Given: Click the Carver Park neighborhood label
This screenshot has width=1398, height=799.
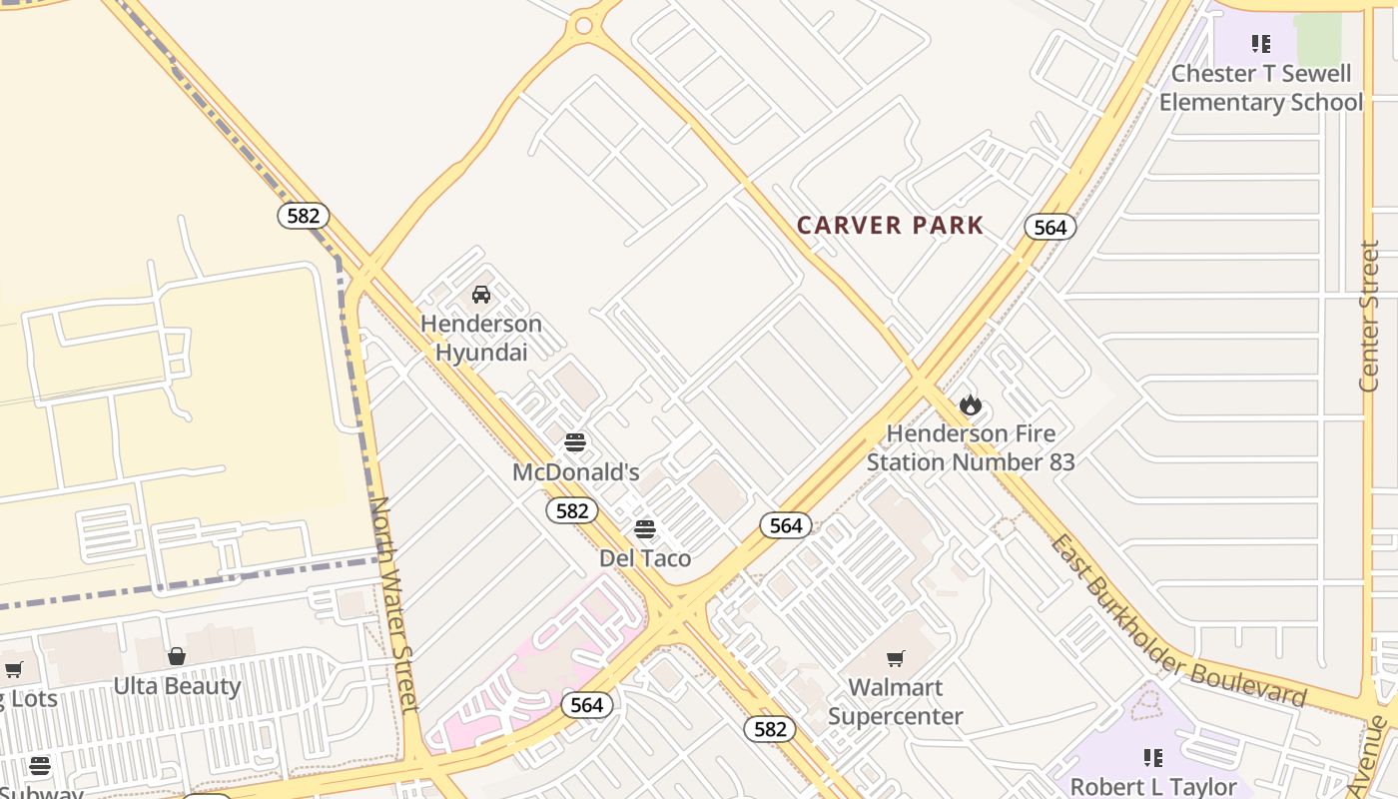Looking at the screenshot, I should point(890,226).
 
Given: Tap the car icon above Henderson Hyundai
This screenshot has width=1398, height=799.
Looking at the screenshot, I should point(481,295).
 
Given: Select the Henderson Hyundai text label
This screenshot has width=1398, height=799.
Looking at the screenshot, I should point(481,338).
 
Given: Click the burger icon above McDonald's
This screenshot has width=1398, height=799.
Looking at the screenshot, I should point(574,441).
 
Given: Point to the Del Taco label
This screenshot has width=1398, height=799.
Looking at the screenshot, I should point(645,558).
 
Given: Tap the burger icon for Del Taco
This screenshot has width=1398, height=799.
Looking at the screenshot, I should point(645,528).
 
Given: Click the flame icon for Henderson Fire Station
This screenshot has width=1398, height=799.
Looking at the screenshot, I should point(971,404).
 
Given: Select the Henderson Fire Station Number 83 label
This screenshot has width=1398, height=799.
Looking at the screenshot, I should point(971,447).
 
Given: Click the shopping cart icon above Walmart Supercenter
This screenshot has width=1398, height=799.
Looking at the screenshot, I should point(896,658).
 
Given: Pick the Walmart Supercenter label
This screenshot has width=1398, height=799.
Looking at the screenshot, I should point(896,702).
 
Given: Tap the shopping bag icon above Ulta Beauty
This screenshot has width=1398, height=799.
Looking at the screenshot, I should point(177,656).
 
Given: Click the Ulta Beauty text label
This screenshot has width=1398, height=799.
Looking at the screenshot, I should point(177,686).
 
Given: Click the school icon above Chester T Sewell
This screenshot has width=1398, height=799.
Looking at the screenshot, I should point(1261,44).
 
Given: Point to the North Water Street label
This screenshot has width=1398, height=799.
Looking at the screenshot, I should point(394,604).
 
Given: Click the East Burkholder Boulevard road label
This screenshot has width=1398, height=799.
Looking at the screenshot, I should point(1178,621).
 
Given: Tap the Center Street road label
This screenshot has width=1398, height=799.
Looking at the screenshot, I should point(1369,316).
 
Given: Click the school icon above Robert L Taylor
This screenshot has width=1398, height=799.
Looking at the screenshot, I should point(1153,758).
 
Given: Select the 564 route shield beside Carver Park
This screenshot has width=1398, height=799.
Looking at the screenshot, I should point(1049,228).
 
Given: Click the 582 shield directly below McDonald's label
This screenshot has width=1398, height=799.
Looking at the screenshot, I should point(572,511).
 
